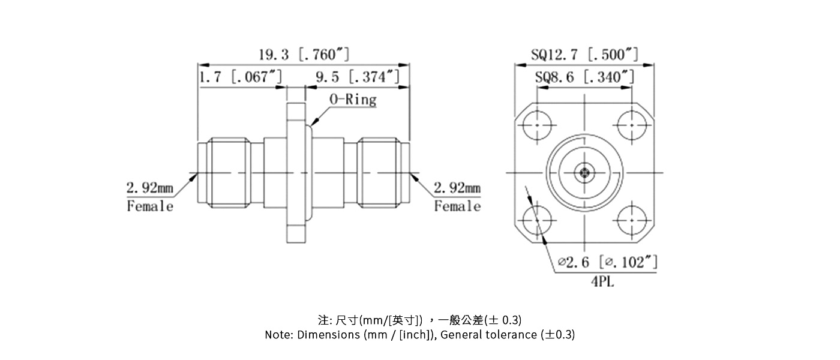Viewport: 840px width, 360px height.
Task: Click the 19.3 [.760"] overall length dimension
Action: pyautogui.click(x=304, y=55)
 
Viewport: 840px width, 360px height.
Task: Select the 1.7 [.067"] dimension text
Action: pyautogui.click(x=240, y=77)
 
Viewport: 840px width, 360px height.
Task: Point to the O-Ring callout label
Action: pyautogui.click(x=353, y=100)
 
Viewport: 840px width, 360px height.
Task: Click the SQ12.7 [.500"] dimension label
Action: pyautogui.click(x=584, y=55)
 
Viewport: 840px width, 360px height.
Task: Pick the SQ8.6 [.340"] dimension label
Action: pyautogui.click(x=584, y=77)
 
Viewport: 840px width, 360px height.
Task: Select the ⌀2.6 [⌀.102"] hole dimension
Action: pyautogui.click(x=607, y=262)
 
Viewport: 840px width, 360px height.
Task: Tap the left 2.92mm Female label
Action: pyautogui.click(x=150, y=197)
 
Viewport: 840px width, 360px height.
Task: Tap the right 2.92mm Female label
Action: pyautogui.click(x=457, y=197)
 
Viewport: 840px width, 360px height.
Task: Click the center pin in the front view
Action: pyautogui.click(x=584, y=174)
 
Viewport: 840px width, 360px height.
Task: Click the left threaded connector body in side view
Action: pyautogui.click(x=228, y=174)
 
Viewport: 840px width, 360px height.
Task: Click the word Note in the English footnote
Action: pyautogui.click(x=278, y=335)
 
